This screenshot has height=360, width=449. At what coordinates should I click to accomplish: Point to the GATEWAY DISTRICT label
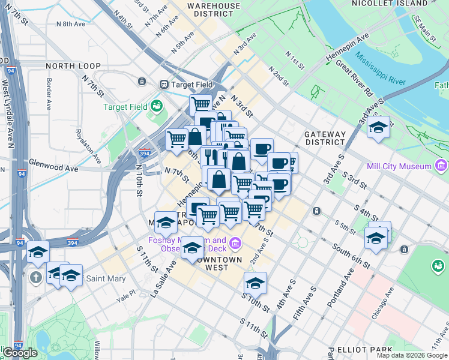[325, 138]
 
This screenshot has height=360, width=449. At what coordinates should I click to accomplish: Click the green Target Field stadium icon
[157, 106]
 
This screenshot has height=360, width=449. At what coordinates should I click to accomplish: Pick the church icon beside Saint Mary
[37, 277]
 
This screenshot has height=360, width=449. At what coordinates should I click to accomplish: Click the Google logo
[20, 353]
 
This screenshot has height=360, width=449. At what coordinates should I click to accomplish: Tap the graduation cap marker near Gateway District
[378, 127]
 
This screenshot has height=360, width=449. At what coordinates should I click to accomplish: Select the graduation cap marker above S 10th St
[255, 283]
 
